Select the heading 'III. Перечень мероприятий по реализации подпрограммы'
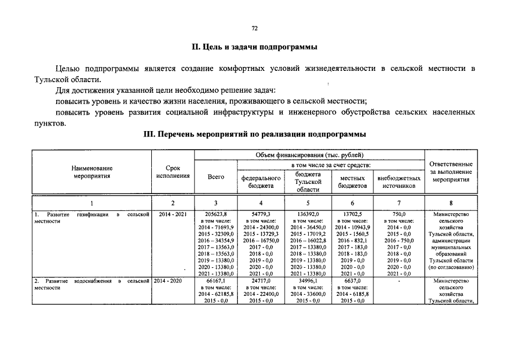click(x=254, y=135)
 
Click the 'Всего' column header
click(x=216, y=177)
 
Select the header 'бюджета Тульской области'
click(x=308, y=182)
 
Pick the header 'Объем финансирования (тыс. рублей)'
click(x=309, y=155)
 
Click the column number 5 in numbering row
click(x=308, y=203)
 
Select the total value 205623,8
click(x=216, y=214)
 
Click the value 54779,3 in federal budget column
click(x=261, y=214)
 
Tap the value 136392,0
click(x=308, y=214)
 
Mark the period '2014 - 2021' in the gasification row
click(x=173, y=214)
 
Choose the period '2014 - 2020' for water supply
click(x=173, y=280)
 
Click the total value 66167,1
click(x=216, y=280)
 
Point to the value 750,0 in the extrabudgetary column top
click(x=399, y=214)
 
